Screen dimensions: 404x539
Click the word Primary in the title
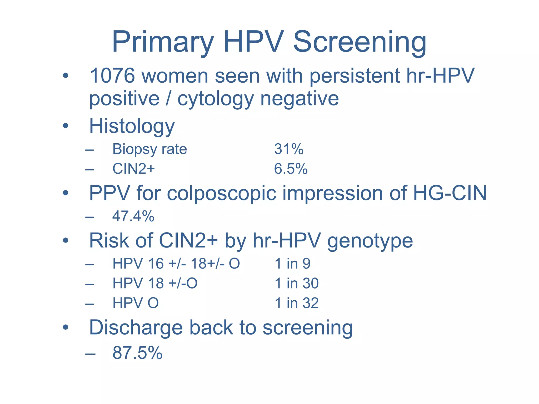(162, 42)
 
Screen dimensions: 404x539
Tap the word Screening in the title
(360, 42)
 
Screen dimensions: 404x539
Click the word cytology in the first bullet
(216, 99)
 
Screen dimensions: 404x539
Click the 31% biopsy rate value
(289, 149)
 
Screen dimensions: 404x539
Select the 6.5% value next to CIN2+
(291, 169)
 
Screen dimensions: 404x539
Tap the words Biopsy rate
(149, 149)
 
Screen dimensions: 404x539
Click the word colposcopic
(222, 193)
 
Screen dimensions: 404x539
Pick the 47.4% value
(133, 216)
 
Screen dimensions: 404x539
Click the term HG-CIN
(450, 193)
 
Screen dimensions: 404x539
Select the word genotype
(370, 241)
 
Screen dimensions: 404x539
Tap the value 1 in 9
(292, 264)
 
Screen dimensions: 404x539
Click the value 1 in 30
(297, 283)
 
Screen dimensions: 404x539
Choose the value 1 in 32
(297, 303)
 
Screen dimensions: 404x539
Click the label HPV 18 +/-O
(155, 283)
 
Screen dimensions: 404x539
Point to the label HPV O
(136, 303)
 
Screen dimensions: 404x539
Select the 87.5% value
(137, 353)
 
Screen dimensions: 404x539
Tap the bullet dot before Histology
(66, 126)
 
